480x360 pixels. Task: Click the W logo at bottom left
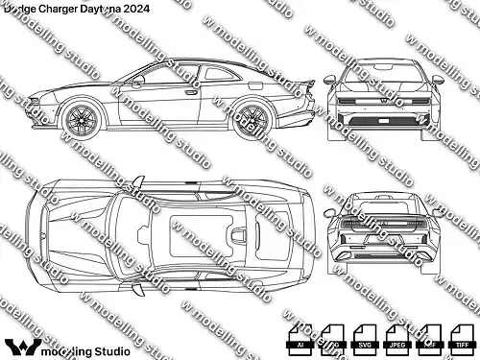coord(21,344)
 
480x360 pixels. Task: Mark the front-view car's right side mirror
coord(441,80)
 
